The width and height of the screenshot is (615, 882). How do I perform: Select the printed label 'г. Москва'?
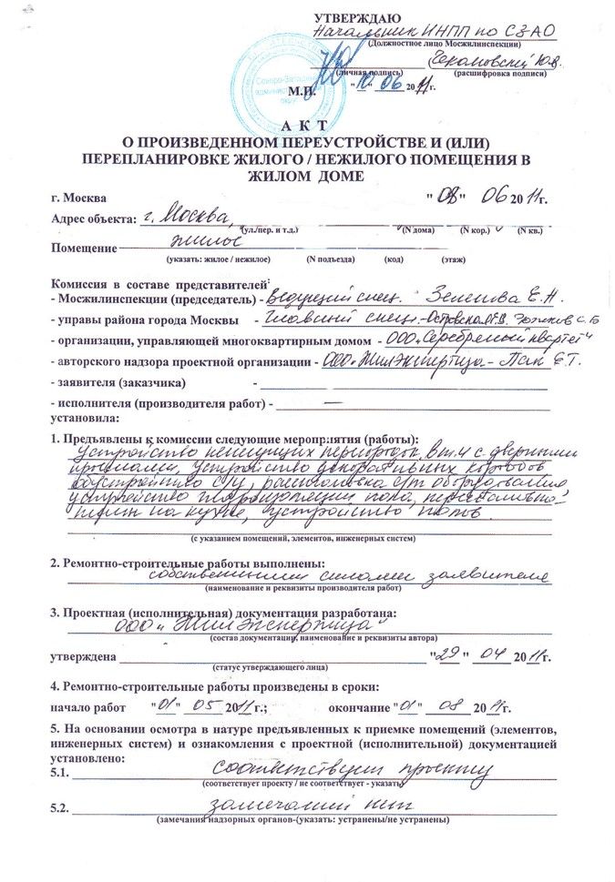[79, 198]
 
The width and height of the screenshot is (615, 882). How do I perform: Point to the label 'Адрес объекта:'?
[90, 219]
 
